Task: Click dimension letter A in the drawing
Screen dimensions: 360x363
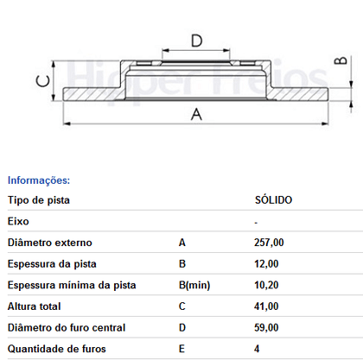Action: click(195, 114)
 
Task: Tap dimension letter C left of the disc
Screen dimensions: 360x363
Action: click(40, 82)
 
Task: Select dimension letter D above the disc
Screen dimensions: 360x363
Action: click(196, 41)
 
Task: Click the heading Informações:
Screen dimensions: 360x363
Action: click(39, 180)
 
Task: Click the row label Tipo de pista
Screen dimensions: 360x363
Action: click(39, 200)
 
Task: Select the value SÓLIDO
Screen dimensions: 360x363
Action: click(272, 200)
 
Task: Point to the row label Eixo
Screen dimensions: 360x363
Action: click(18, 222)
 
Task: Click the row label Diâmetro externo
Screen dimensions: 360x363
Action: click(49, 243)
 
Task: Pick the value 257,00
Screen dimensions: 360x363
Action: click(269, 243)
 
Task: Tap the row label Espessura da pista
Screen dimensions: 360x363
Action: click(52, 264)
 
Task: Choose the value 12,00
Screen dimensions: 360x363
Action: click(266, 264)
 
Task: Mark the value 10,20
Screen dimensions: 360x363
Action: click(266, 285)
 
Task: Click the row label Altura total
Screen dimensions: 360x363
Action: click(35, 306)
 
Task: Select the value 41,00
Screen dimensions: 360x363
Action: click(266, 306)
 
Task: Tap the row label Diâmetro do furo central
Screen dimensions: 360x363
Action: click(67, 328)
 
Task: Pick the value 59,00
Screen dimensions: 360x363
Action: click(266, 328)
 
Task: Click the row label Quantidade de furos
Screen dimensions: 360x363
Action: click(55, 349)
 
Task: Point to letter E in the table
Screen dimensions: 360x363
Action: click(181, 349)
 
